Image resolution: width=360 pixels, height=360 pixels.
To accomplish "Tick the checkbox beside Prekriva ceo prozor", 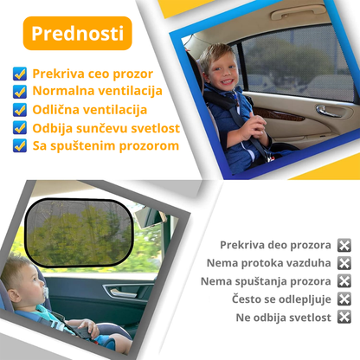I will (20, 74).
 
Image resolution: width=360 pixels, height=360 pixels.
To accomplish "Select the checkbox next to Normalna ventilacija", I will (20, 92).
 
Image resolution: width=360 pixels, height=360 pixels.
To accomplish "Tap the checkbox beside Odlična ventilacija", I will (20, 110).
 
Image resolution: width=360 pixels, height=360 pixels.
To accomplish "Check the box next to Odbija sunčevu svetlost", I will (20, 127).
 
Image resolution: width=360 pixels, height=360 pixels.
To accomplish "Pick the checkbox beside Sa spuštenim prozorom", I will (20, 145).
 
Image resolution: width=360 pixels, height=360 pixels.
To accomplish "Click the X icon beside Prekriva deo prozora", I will (344, 245).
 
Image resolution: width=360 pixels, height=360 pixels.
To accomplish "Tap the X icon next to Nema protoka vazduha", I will (344, 263).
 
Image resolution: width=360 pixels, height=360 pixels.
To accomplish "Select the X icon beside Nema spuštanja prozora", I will (344, 280).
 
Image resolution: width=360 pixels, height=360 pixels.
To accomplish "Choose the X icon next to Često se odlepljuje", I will (344, 299).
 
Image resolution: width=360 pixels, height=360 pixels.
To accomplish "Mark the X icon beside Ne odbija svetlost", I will (344, 317).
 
